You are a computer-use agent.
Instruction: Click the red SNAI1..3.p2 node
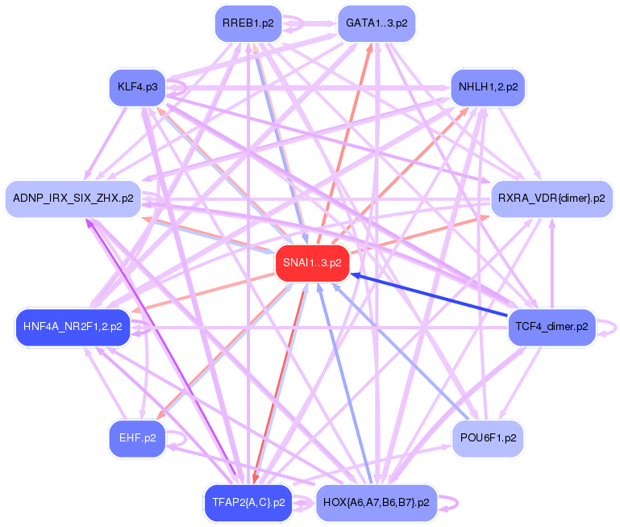pyautogui.click(x=312, y=263)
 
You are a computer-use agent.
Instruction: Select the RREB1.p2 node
pyautogui.click(x=248, y=23)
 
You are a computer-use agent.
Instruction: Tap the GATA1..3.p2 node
pyautogui.click(x=377, y=23)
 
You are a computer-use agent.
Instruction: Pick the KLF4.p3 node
pyautogui.click(x=138, y=87)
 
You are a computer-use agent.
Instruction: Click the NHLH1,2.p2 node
pyautogui.click(x=488, y=87)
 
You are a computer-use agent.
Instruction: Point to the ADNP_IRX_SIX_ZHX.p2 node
pyautogui.click(x=73, y=199)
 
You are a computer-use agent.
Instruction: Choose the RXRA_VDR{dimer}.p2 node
pyautogui.click(x=551, y=199)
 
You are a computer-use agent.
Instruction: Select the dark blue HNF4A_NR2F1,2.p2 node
pyautogui.click(x=73, y=327)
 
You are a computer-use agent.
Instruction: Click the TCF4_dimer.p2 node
pyautogui.click(x=551, y=327)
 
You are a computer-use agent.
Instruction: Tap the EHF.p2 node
pyautogui.click(x=138, y=438)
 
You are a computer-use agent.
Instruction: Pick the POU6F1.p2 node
pyautogui.click(x=488, y=438)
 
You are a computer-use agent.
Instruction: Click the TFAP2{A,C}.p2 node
pyautogui.click(x=248, y=503)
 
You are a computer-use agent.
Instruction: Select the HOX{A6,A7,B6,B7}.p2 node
pyautogui.click(x=377, y=503)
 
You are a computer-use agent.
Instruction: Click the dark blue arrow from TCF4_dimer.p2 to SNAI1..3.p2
pyautogui.click(x=429, y=295)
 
